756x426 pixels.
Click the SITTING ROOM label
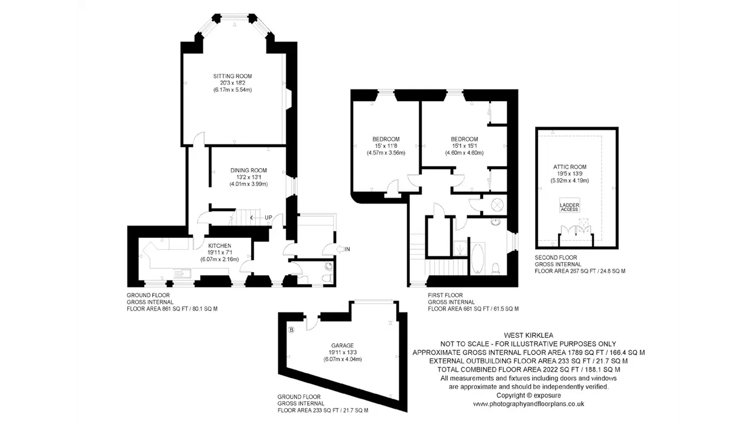coord(233,76)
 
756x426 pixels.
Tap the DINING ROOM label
coord(249,170)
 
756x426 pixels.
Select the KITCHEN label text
coord(220,246)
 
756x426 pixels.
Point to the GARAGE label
coord(343,346)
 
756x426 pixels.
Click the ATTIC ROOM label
coord(570,167)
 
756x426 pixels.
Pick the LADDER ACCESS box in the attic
coord(570,205)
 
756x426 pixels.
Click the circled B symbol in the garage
coord(291,330)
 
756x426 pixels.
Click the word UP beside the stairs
coord(268,218)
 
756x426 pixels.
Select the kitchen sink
coord(183,273)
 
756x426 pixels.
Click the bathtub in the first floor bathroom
coord(478,259)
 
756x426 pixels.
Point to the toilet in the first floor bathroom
coord(496,269)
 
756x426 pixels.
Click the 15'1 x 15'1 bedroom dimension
coord(464,146)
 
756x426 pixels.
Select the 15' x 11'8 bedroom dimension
coord(386,146)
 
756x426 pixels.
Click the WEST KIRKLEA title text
coord(529,335)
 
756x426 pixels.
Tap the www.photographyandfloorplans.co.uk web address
coord(529,404)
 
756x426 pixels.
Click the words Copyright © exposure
coord(529,395)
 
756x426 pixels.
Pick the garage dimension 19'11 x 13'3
coord(343,352)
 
